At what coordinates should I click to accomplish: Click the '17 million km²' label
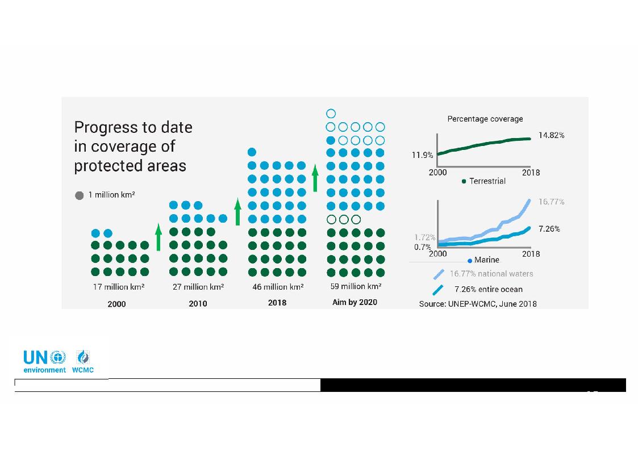pyautogui.click(x=119, y=287)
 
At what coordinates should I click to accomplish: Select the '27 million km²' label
pyautogui.click(x=198, y=287)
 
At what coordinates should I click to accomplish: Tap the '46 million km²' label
pyautogui.click(x=278, y=287)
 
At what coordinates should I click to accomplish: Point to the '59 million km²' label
pyautogui.click(x=356, y=286)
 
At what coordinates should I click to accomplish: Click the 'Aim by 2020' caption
pyautogui.click(x=355, y=302)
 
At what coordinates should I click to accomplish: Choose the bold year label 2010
pyautogui.click(x=198, y=304)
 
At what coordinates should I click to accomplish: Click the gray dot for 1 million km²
pyautogui.click(x=80, y=195)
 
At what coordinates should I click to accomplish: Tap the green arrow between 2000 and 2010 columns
pyautogui.click(x=159, y=237)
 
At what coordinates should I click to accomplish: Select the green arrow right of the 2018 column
pyautogui.click(x=315, y=178)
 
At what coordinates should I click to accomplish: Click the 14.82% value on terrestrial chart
pyautogui.click(x=551, y=135)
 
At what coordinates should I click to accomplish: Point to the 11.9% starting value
pyautogui.click(x=422, y=155)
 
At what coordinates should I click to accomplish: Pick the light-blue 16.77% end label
pyautogui.click(x=551, y=202)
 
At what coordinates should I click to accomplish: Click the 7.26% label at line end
pyautogui.click(x=549, y=229)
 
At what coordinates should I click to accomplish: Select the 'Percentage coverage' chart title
pyautogui.click(x=485, y=119)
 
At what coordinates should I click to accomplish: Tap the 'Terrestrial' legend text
pyautogui.click(x=487, y=181)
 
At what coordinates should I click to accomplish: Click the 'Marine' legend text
pyautogui.click(x=487, y=260)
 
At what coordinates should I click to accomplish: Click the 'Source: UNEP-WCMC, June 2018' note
pyautogui.click(x=478, y=304)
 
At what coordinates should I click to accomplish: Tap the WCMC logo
pyautogui.click(x=83, y=361)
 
